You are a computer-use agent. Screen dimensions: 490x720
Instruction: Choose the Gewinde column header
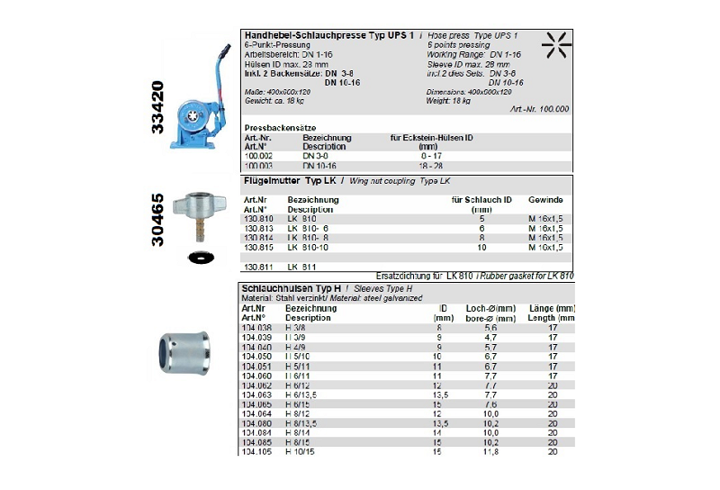545,199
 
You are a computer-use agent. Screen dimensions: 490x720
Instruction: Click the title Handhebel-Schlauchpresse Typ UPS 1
328,35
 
